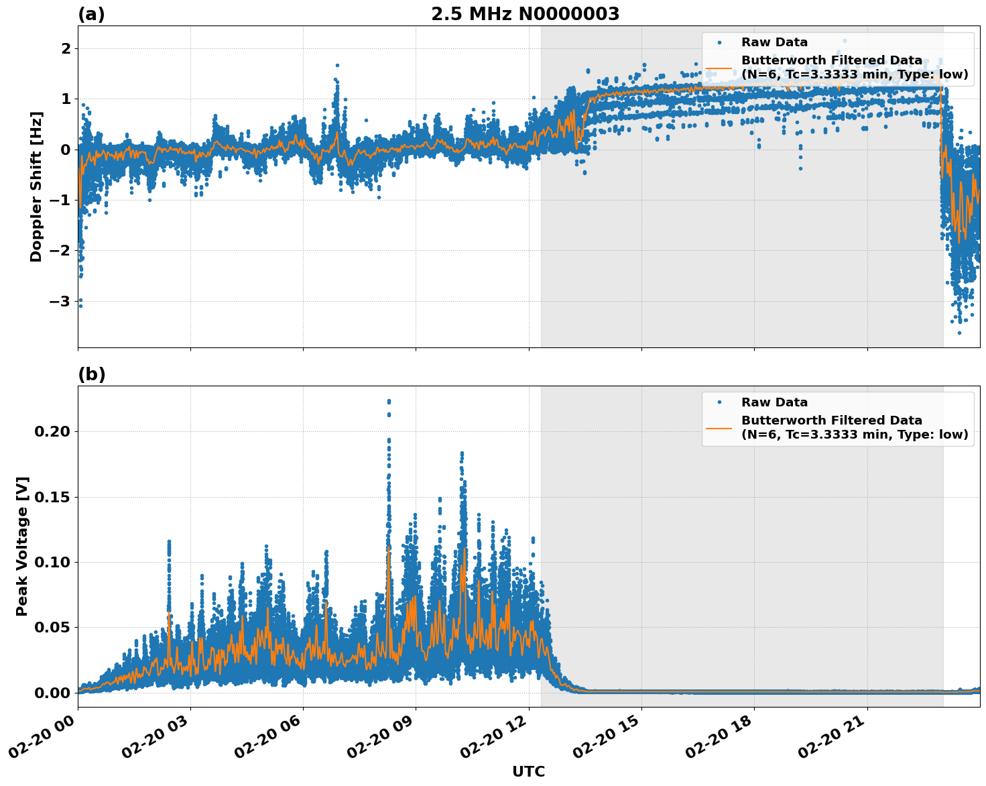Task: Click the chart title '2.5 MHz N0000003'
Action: (525, 14)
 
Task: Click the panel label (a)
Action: (91, 14)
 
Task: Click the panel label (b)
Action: (91, 374)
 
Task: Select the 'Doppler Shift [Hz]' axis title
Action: (36, 186)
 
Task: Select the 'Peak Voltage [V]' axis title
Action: (22, 546)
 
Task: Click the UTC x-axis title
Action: (528, 771)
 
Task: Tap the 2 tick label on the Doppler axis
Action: (66, 49)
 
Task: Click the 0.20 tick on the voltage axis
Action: (52, 431)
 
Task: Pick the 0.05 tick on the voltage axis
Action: (52, 628)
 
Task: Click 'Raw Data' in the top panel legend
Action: (774, 42)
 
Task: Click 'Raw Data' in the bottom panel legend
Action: (774, 402)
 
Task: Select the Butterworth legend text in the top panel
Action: (854, 68)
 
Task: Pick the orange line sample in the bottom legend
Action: (719, 428)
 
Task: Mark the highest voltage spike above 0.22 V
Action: (389, 401)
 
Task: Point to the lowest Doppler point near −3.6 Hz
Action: (959, 333)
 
